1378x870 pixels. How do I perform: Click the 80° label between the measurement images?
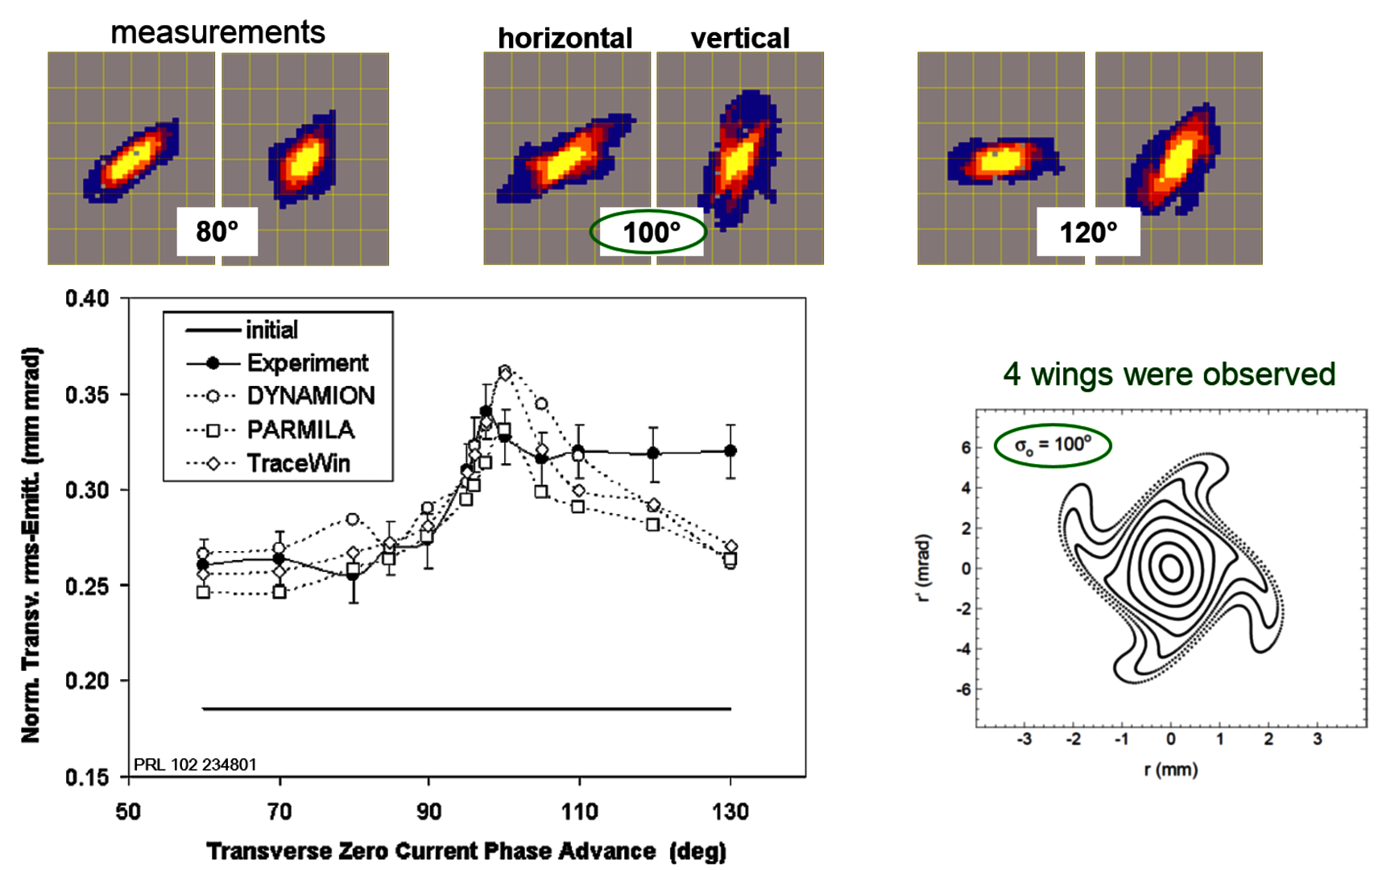[x=217, y=232]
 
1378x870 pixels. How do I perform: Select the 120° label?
[x=1087, y=233]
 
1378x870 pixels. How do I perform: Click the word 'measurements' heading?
[x=217, y=33]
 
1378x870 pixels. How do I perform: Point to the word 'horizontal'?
[x=565, y=38]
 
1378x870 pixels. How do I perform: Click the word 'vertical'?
[x=739, y=38]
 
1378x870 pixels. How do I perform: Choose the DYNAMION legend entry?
[x=310, y=396]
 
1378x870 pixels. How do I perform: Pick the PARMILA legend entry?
[x=300, y=429]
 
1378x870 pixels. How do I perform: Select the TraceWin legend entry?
[x=298, y=463]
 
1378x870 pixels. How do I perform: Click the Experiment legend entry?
[x=307, y=363]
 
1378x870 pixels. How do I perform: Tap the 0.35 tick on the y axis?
[x=87, y=395]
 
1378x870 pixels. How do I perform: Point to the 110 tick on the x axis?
[x=579, y=811]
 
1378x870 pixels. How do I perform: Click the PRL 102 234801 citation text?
[x=195, y=764]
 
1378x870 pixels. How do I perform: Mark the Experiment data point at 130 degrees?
[x=730, y=451]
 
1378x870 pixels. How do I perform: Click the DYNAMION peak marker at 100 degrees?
[x=505, y=371]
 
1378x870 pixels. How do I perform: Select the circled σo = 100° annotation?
[x=1053, y=445]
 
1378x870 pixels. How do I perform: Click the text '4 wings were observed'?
[x=1169, y=375]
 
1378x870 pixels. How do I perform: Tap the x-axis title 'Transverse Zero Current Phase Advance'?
[x=432, y=851]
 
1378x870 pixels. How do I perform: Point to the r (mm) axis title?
[x=1170, y=770]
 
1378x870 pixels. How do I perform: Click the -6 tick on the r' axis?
[x=962, y=690]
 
